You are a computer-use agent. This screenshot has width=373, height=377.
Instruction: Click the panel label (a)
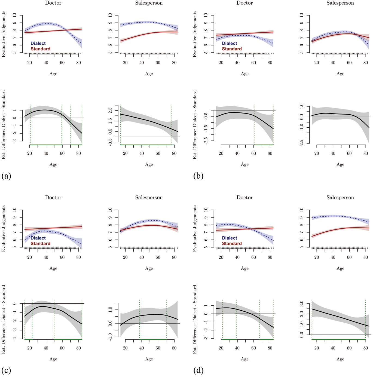pos(6,176)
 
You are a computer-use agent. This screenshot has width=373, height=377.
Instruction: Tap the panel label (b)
pos(198,176)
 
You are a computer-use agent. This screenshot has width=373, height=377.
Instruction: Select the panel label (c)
pos(6,370)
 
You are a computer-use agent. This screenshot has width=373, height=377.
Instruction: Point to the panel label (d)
pos(198,370)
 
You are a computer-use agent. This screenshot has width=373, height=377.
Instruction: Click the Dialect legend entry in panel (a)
pos(38,43)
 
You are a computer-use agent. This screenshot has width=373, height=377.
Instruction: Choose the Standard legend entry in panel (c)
pos(40,243)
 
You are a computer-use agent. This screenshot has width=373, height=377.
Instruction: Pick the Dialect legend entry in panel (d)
pos(229,238)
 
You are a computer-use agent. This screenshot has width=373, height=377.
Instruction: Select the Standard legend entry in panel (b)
pos(232,49)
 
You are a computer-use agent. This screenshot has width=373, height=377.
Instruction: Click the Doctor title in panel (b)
pos(244,3)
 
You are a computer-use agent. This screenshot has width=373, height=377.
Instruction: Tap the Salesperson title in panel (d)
pos(340,198)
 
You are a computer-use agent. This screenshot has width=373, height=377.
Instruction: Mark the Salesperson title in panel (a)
pos(149,3)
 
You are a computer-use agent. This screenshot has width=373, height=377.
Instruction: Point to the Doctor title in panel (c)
pos(53,198)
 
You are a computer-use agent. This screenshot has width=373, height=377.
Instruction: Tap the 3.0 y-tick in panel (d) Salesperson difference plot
pos(302,303)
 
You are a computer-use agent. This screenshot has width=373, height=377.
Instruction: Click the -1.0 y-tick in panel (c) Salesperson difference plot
pos(110,337)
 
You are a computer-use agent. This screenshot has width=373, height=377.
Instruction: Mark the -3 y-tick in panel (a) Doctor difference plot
pos(14,141)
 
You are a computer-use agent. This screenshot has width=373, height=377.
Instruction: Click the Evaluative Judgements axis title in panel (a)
pos(4,34)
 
